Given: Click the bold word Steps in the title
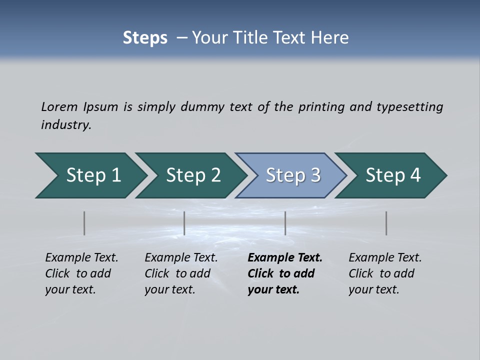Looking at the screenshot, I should [145, 38].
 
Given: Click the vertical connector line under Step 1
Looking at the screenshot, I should [84, 223].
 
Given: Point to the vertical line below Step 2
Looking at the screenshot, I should [184, 223].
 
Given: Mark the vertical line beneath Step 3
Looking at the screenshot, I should [285, 223].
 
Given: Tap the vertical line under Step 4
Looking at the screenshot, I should [386, 223].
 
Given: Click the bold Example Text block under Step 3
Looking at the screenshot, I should [285, 273].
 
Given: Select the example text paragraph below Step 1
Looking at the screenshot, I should [81, 273].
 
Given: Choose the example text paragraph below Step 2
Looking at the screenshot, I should [181, 273].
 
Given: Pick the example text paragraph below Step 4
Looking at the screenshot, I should [385, 273].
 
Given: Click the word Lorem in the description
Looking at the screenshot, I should [59, 106].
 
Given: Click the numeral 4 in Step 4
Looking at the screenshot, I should [415, 175].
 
